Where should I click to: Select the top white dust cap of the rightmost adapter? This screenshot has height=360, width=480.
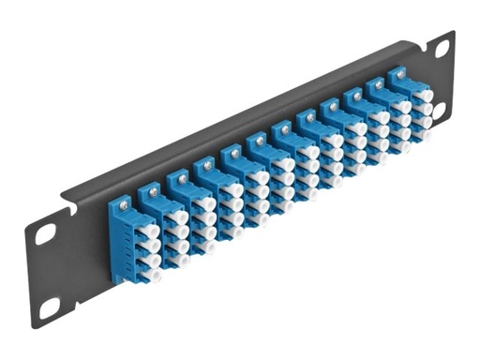[423, 94]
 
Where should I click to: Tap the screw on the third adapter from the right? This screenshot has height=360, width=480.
[352, 95]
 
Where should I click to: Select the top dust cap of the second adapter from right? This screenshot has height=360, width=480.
[401, 105]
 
